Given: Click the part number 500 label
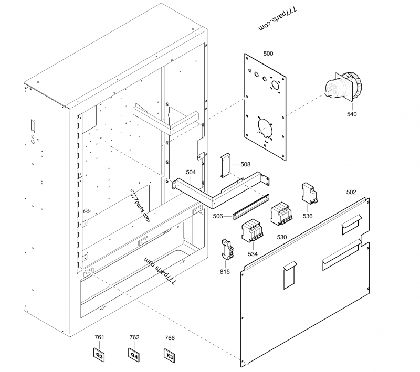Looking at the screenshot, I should tap(268, 54).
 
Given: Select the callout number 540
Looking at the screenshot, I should tap(352, 113).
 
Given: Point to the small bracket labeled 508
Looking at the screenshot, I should tap(226, 166).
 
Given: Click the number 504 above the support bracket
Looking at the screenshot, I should tap(191, 172).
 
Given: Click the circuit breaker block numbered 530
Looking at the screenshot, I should tap(281, 215).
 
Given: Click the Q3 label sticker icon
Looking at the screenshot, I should tap(100, 355).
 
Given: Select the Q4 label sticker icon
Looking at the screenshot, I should tap(134, 355).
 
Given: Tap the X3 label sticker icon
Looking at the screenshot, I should tap(170, 355).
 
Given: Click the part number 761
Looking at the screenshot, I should tap(99, 337).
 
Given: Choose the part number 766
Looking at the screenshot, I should tap(170, 338).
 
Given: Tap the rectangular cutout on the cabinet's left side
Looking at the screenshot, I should tap(33, 125).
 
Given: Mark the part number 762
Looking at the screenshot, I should tap(134, 337).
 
